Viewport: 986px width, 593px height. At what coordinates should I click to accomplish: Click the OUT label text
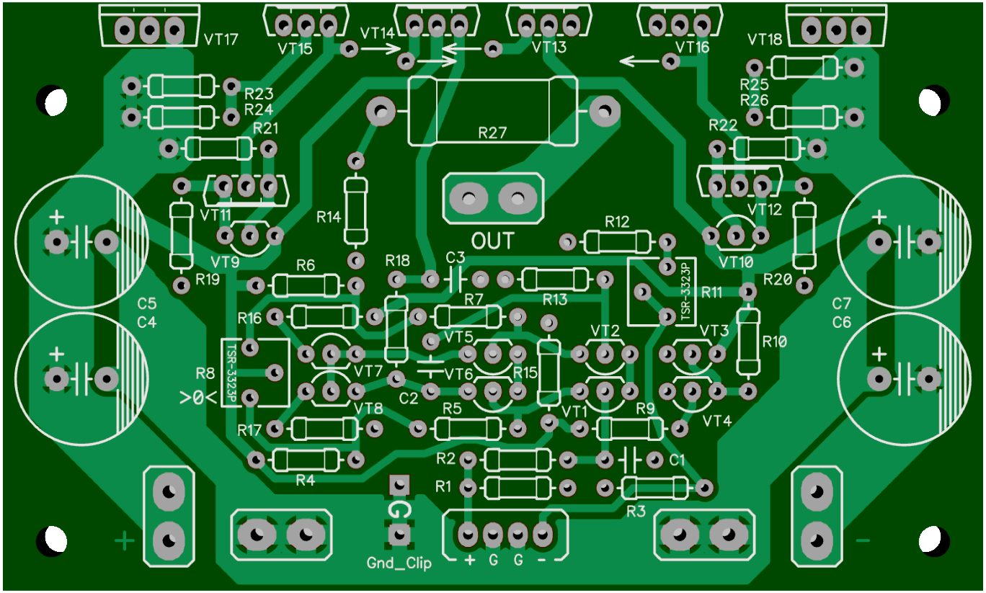492,241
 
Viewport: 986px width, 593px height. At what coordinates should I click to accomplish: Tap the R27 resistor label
492,133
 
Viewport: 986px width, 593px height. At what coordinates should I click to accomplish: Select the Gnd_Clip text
399,563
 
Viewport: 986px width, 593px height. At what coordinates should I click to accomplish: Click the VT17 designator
221,40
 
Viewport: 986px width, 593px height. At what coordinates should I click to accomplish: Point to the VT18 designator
765,40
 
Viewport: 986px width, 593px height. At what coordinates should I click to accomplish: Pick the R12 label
617,222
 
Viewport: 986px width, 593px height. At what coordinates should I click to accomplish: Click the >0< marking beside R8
198,398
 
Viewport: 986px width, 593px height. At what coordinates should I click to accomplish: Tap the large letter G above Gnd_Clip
399,510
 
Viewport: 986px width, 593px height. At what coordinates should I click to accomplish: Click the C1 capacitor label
677,460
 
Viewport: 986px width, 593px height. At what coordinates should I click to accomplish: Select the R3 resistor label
636,511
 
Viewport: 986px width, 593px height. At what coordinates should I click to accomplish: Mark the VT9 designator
225,262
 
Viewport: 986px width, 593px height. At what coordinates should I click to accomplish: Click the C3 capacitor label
455,258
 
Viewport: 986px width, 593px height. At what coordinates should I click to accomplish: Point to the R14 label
329,217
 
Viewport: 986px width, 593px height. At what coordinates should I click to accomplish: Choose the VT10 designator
736,262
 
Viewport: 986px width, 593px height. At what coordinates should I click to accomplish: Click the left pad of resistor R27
381,111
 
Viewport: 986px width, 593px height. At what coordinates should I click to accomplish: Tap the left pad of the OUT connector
468,199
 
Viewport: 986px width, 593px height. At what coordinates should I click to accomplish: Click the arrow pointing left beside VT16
641,61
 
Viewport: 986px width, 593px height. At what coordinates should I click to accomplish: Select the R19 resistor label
208,280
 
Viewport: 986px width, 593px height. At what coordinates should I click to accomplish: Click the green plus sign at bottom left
125,540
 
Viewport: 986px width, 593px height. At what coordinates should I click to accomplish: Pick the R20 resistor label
778,280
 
